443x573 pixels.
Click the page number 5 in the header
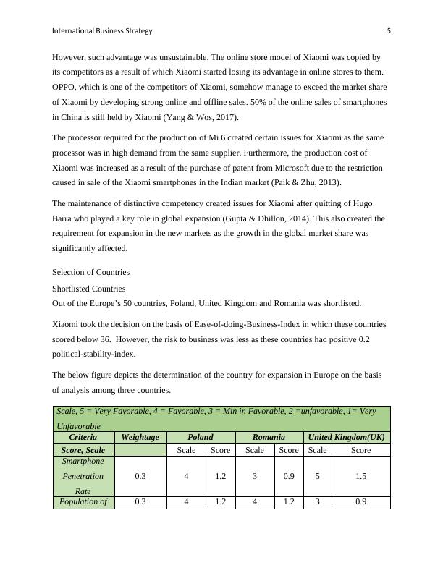pos(389,31)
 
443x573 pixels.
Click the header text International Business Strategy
pos(102,31)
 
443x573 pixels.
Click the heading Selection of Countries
pos(90,272)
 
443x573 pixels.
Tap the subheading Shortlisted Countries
pos(89,289)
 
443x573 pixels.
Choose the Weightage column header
pos(140,437)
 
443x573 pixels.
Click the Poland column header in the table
pos(200,437)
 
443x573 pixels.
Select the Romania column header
pos(268,437)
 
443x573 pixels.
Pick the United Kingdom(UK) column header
pos(346,437)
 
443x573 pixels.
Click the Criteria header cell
pos(83,437)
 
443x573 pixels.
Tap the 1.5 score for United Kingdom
pos(360,476)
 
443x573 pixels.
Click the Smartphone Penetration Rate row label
pos(83,476)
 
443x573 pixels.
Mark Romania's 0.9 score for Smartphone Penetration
pos(289,476)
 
